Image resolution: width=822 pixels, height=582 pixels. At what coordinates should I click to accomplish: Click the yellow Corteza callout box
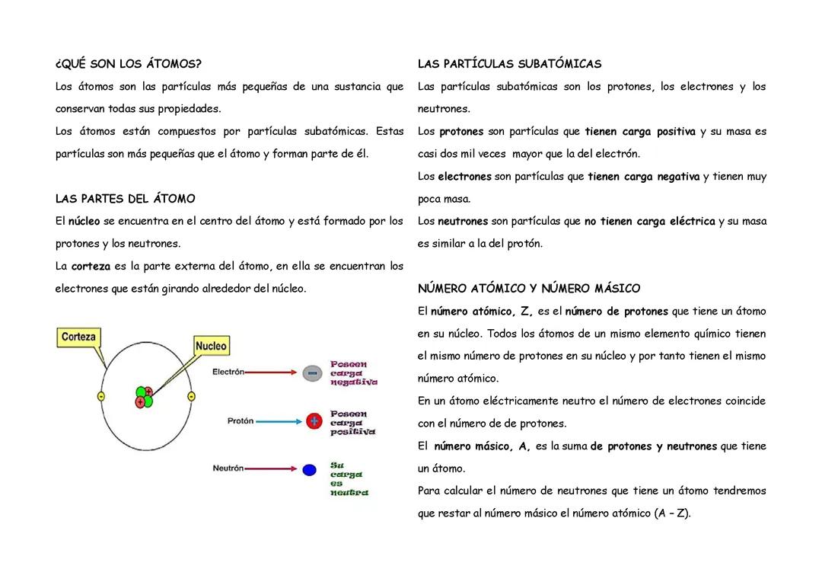pyautogui.click(x=78, y=337)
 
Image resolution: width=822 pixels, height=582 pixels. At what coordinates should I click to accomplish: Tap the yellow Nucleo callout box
pyautogui.click(x=211, y=346)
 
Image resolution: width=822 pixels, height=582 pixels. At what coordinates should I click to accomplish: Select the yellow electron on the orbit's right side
pyautogui.click(x=191, y=397)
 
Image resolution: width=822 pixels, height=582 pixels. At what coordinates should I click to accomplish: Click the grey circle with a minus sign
pyautogui.click(x=313, y=373)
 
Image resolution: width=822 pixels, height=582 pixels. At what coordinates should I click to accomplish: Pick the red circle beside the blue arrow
pyautogui.click(x=313, y=421)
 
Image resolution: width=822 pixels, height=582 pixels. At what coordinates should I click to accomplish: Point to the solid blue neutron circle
pyautogui.click(x=309, y=469)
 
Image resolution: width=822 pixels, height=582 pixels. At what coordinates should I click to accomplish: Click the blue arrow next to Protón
pyautogui.click(x=279, y=421)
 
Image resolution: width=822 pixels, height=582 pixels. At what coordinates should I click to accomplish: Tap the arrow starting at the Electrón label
pyautogui.click(x=272, y=373)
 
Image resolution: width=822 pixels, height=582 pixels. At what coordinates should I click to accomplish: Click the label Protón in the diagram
pyautogui.click(x=240, y=421)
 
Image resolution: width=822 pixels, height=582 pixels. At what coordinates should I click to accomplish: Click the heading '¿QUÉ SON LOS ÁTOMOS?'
pyautogui.click(x=129, y=64)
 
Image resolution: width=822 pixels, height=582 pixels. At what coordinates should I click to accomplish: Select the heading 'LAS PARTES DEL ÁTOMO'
pyautogui.click(x=126, y=199)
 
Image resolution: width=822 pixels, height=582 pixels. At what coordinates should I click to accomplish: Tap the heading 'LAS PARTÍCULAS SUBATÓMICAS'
pyautogui.click(x=509, y=64)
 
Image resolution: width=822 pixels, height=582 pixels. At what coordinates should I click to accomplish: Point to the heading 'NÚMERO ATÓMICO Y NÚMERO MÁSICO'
pyautogui.click(x=529, y=289)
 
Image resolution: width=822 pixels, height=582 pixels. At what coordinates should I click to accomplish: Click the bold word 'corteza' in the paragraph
pyautogui.click(x=91, y=267)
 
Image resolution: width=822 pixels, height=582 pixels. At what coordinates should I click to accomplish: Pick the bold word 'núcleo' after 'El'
pyautogui.click(x=84, y=222)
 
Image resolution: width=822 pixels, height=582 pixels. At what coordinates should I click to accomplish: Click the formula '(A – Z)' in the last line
pyautogui.click(x=671, y=513)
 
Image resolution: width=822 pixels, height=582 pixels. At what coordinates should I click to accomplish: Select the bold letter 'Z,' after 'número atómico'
pyautogui.click(x=527, y=312)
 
